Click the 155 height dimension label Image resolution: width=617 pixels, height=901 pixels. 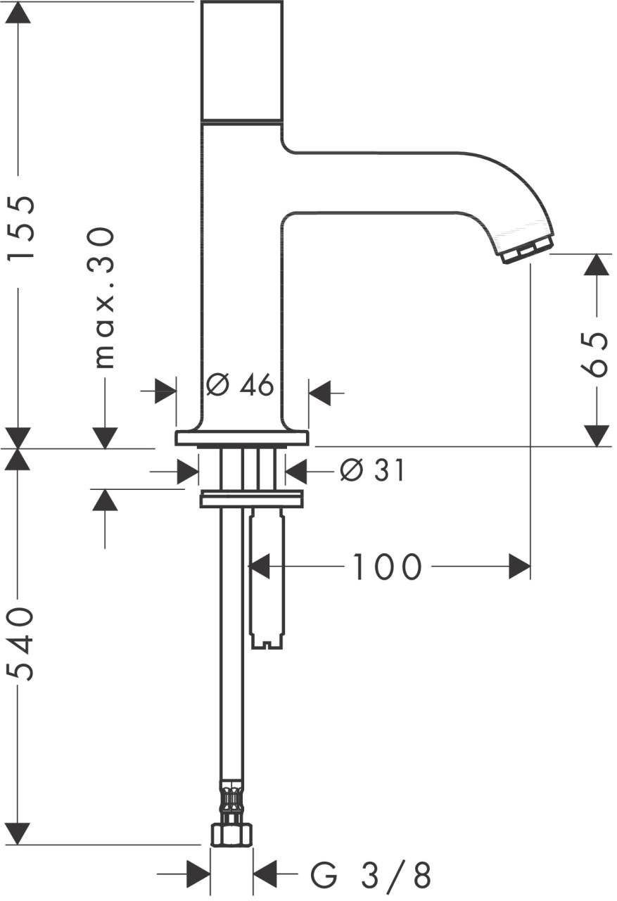coord(20,228)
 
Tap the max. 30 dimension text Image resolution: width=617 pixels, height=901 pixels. coord(104,298)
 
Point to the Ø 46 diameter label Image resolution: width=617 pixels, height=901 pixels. coord(240,385)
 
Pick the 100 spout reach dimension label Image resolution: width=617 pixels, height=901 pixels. coord(386,567)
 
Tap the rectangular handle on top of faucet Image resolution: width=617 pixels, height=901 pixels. coord(242,61)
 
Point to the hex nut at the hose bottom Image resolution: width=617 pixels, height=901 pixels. coord(231,835)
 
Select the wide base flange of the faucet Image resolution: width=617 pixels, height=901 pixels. coord(242,438)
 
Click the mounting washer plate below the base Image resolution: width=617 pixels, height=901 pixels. coord(251,498)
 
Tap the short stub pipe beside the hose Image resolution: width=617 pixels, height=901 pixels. coord(267,577)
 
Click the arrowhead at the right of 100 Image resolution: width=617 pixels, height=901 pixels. coord(519,567)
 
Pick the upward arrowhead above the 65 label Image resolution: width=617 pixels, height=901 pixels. coord(597,265)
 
